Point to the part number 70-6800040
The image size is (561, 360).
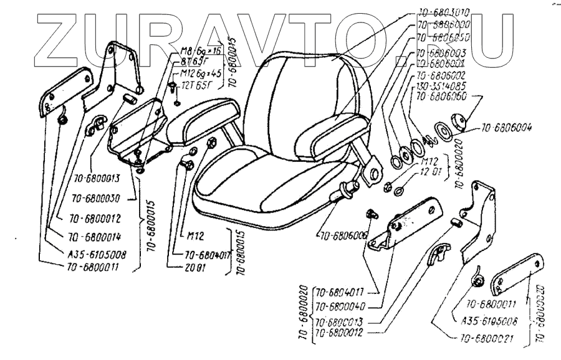point(340,306)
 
